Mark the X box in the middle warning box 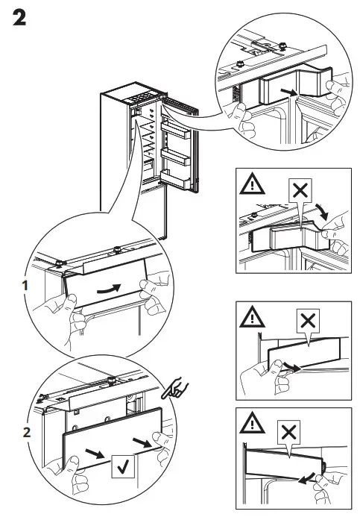click(306, 322)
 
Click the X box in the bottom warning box click(291, 432)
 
